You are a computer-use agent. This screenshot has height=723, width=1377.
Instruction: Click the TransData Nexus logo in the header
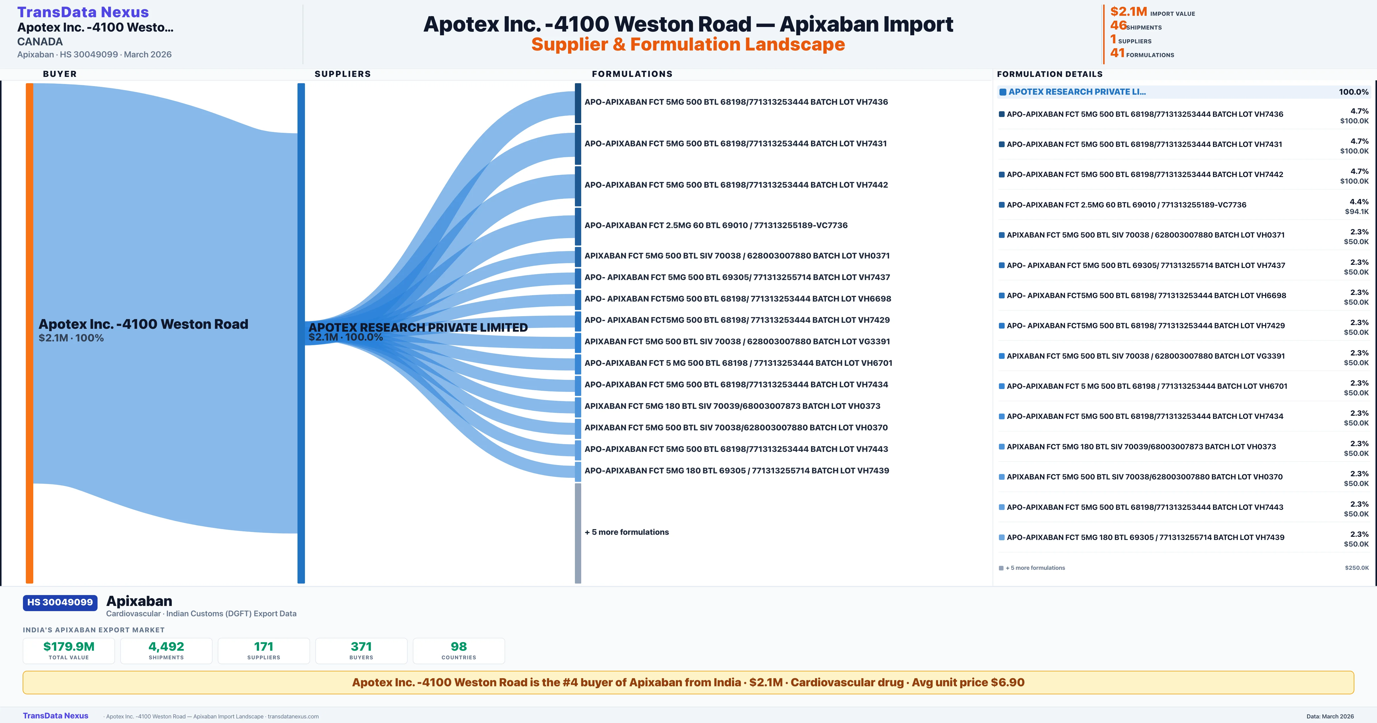pyautogui.click(x=83, y=12)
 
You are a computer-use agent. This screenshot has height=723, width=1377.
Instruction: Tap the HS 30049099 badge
pyautogui.click(x=60, y=602)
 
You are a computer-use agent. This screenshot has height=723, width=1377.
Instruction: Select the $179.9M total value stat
pyautogui.click(x=69, y=646)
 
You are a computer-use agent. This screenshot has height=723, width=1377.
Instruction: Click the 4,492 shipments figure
pyautogui.click(x=166, y=646)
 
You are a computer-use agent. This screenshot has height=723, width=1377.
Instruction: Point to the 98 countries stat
pyautogui.click(x=459, y=646)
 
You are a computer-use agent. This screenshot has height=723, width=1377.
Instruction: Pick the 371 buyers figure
pyautogui.click(x=361, y=646)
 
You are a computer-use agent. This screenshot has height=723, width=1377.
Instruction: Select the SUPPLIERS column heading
pyautogui.click(x=343, y=74)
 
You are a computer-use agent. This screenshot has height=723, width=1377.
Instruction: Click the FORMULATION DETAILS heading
pyautogui.click(x=1049, y=74)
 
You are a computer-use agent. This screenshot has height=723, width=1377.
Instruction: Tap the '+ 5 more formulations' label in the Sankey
pyautogui.click(x=627, y=532)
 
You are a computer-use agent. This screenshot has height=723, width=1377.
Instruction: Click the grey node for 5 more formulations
pyautogui.click(x=578, y=532)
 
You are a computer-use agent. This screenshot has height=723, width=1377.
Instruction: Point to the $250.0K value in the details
pyautogui.click(x=1357, y=568)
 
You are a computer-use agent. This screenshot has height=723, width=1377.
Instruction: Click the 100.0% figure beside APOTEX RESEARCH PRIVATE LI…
pyautogui.click(x=1353, y=92)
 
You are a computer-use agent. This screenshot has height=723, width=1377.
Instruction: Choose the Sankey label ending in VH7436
pyautogui.click(x=736, y=102)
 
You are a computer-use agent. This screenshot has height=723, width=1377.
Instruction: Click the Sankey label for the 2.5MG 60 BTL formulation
pyautogui.click(x=716, y=225)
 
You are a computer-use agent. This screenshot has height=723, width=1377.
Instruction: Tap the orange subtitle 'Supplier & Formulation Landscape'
pyautogui.click(x=688, y=44)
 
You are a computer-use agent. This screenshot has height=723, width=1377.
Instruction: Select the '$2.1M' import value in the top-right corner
pyautogui.click(x=1129, y=11)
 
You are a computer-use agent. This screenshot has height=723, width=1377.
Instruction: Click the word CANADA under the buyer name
pyautogui.click(x=40, y=42)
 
